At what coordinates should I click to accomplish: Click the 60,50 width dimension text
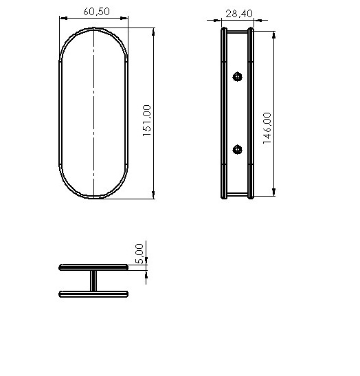click(x=93, y=12)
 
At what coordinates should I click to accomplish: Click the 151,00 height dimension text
click(x=146, y=121)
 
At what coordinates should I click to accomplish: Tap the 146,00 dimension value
click(x=267, y=128)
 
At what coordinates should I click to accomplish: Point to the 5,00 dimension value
click(x=140, y=254)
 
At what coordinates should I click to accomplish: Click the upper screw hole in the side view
click(x=238, y=76)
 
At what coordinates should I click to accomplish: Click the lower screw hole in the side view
click(x=238, y=149)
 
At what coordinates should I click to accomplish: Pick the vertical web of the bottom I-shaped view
click(x=93, y=280)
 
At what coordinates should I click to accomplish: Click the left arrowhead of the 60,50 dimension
click(x=63, y=19)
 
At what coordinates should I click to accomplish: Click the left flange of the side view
click(x=223, y=113)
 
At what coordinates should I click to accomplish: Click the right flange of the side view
click(x=251, y=113)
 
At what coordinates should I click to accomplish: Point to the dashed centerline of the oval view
click(x=93, y=113)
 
